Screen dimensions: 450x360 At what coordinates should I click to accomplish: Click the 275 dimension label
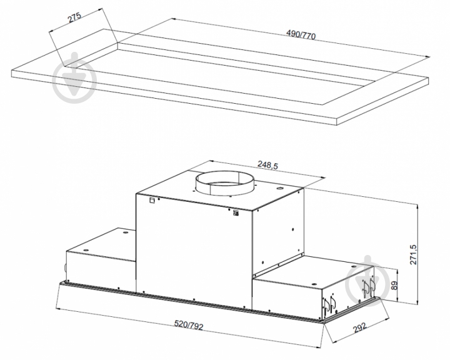click(x=74, y=17)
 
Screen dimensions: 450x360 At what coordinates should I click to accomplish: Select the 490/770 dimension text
click(x=301, y=34)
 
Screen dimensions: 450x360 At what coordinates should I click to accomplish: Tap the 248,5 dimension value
click(x=267, y=165)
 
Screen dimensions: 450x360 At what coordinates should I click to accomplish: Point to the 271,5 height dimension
click(x=412, y=254)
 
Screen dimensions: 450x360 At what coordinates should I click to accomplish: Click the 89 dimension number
click(x=395, y=285)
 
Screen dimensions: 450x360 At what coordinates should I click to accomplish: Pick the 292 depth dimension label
click(x=359, y=327)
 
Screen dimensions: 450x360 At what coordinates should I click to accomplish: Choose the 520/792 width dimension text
click(x=189, y=325)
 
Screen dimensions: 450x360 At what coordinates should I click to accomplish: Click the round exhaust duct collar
click(x=224, y=184)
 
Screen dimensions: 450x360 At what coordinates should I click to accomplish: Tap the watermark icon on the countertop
click(x=74, y=78)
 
